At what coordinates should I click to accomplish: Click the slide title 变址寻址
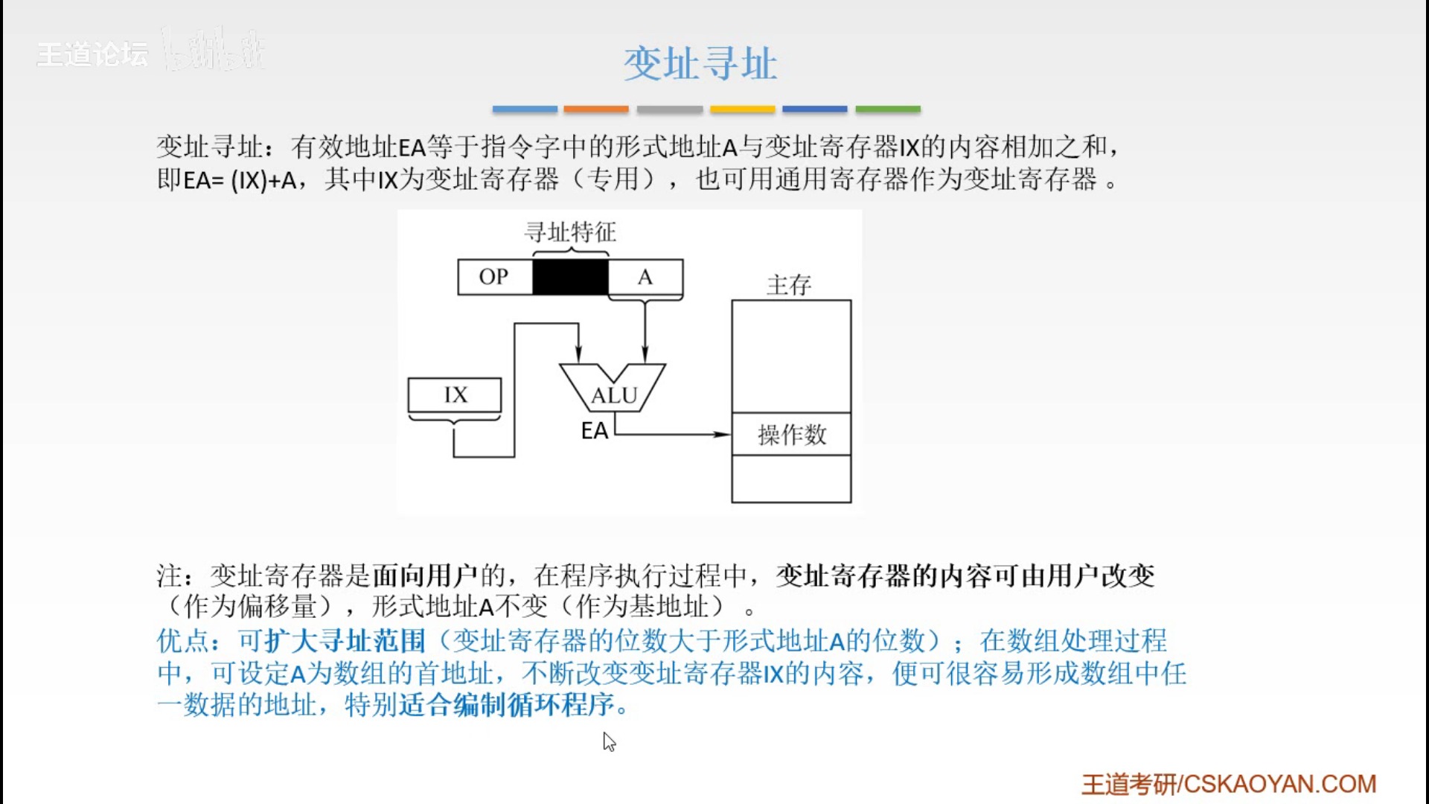pos(700,63)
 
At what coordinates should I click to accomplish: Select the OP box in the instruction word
pos(494,277)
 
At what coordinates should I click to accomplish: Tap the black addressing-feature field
pos(570,277)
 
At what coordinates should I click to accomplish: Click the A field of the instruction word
pos(645,277)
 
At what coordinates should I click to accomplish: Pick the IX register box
pos(455,395)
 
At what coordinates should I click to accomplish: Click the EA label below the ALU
pos(594,431)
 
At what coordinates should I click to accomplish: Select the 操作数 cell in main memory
pos(791,434)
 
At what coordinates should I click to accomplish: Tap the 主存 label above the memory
pos(789,284)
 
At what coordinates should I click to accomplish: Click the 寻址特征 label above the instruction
pos(570,232)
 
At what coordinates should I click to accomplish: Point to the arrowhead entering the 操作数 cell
pos(722,434)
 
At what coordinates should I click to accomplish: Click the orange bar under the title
pos(595,109)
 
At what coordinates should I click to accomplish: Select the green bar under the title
pos(887,109)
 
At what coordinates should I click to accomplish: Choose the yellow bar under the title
pos(742,109)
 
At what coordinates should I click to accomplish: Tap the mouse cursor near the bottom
pos(609,741)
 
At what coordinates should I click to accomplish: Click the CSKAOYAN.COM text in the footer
pos(1280,784)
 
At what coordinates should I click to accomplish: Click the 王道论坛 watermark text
pos(92,54)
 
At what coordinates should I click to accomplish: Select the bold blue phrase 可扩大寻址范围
pos(331,641)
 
